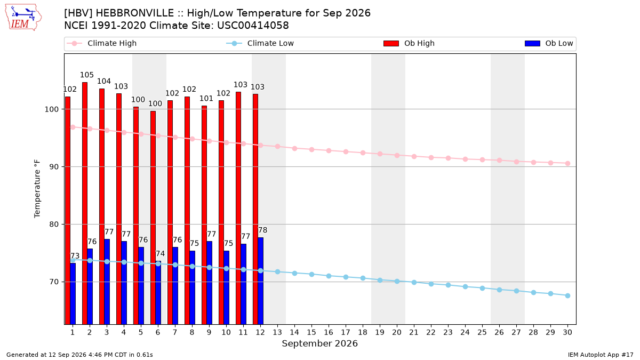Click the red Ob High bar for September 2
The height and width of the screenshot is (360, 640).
tap(85, 203)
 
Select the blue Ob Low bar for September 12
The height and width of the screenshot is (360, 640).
tap(261, 281)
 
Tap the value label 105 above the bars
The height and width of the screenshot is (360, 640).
tap(87, 75)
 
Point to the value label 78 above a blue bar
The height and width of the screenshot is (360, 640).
tap(262, 230)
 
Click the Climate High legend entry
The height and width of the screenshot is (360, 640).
tap(102, 43)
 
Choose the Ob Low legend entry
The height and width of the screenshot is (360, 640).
tap(549, 43)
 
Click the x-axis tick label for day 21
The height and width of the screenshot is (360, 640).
tap(414, 332)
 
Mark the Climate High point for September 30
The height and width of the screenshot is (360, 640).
tap(567, 163)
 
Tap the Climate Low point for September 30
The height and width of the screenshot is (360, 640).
tap(567, 295)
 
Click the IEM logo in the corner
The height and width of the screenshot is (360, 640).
tap(23, 18)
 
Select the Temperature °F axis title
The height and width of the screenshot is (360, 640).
tap(37, 189)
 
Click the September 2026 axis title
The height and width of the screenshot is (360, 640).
tap(319, 343)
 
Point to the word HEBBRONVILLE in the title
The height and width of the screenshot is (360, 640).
tap(134, 13)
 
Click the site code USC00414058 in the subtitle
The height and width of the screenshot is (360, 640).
tap(253, 26)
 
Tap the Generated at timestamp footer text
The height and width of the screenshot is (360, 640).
tap(79, 355)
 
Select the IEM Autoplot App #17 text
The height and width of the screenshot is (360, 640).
tap(601, 355)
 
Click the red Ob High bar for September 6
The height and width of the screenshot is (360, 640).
tap(153, 218)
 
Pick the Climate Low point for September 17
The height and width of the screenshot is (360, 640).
tap(346, 277)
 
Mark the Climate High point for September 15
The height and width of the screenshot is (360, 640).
tap(311, 150)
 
